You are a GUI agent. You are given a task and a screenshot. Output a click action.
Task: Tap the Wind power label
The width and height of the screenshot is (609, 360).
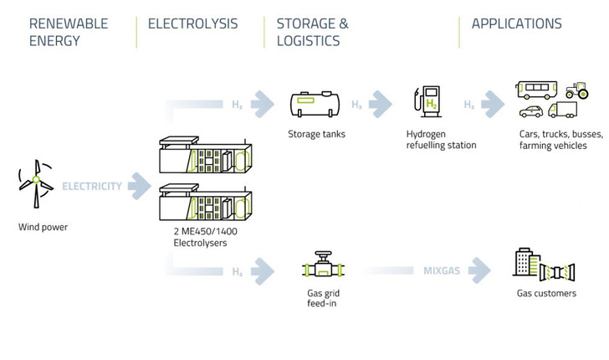pyautogui.click(x=43, y=227)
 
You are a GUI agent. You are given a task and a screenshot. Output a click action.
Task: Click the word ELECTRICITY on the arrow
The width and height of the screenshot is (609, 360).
pyautogui.click(x=92, y=186)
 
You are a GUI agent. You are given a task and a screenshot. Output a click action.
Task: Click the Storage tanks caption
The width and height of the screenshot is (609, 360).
pyautogui.click(x=316, y=134)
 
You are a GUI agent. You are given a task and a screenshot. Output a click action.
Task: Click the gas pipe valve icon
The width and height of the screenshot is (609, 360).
pyautogui.click(x=321, y=268)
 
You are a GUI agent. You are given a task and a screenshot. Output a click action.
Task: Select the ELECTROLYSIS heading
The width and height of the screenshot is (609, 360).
pyautogui.click(x=192, y=23)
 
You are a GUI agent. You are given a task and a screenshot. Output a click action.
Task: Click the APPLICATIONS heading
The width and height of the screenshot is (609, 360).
pyautogui.click(x=516, y=23)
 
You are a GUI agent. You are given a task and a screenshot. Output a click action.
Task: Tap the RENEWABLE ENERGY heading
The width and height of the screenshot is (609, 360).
pyautogui.click(x=69, y=32)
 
